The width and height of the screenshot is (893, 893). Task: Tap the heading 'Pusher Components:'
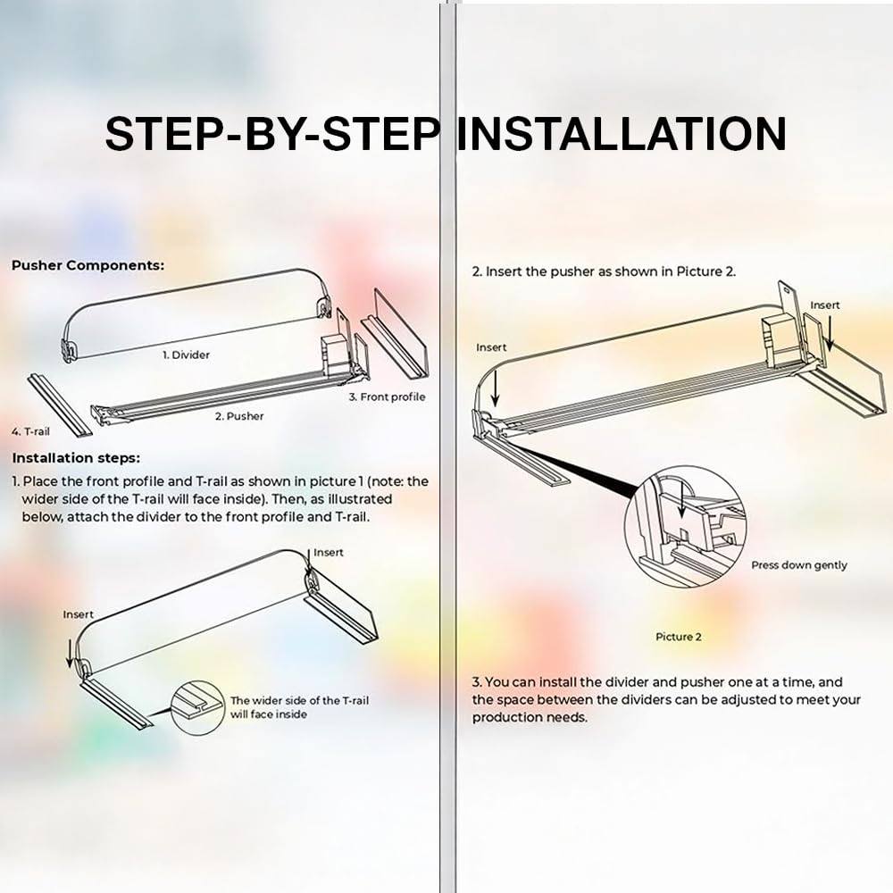click(x=88, y=265)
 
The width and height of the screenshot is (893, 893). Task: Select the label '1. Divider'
click(x=186, y=355)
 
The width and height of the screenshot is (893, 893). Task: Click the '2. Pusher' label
click(x=239, y=416)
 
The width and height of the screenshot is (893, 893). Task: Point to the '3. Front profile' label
click(x=388, y=397)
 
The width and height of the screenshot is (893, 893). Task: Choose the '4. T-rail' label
click(x=30, y=431)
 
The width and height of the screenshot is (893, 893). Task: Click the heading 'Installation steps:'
click(x=76, y=458)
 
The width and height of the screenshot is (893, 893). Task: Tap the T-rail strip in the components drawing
click(x=60, y=405)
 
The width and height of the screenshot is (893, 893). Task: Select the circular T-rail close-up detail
click(x=197, y=707)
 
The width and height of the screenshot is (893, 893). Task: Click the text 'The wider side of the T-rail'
click(x=299, y=700)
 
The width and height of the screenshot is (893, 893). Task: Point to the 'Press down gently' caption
click(x=799, y=565)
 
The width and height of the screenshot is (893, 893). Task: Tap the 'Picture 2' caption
click(x=679, y=637)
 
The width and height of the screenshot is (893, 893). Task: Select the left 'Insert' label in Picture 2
click(x=491, y=347)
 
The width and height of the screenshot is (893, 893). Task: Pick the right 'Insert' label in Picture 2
click(x=824, y=305)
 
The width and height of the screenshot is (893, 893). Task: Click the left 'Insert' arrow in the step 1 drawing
click(x=70, y=654)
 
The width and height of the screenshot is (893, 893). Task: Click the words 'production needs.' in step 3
click(x=530, y=718)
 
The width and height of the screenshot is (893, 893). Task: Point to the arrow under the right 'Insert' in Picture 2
click(x=830, y=333)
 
